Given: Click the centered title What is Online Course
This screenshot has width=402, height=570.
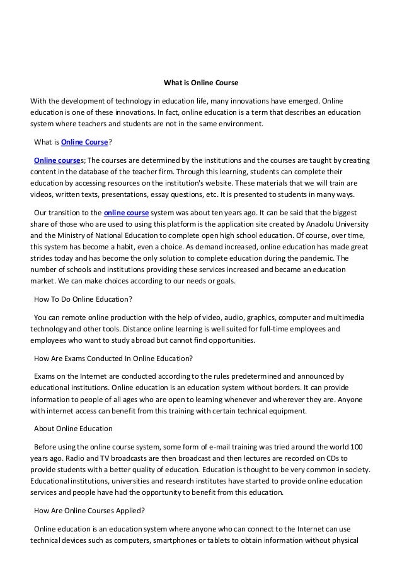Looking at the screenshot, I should coord(201,83).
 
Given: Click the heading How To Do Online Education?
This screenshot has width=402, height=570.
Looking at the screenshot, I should coord(83,299).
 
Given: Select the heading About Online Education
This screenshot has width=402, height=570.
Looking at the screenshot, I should coord(73,429).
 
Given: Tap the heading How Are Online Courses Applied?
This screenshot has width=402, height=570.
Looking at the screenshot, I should coord(90,511).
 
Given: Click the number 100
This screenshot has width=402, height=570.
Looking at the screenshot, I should coord(356,446).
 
